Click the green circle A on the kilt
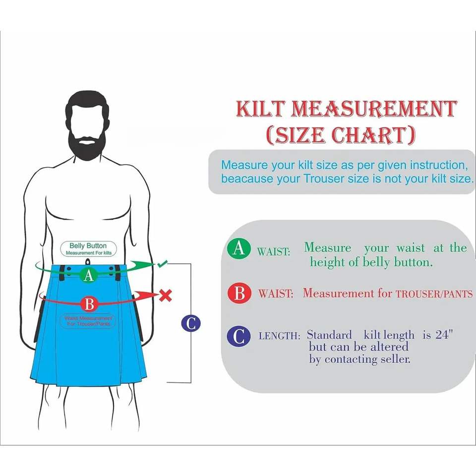tap(88, 275)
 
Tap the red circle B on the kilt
tap(89, 303)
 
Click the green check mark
tap(163, 264)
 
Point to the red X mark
tap(166, 296)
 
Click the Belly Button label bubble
tap(88, 249)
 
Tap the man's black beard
tap(87, 142)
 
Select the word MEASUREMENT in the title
tap(374, 109)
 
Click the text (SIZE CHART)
tap(340, 135)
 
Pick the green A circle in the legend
tap(238, 248)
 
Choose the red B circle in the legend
tap(239, 294)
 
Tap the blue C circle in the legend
tap(238, 336)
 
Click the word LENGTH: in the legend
tap(279, 336)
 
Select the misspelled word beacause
tap(247, 179)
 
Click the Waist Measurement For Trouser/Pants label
tap(88, 321)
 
